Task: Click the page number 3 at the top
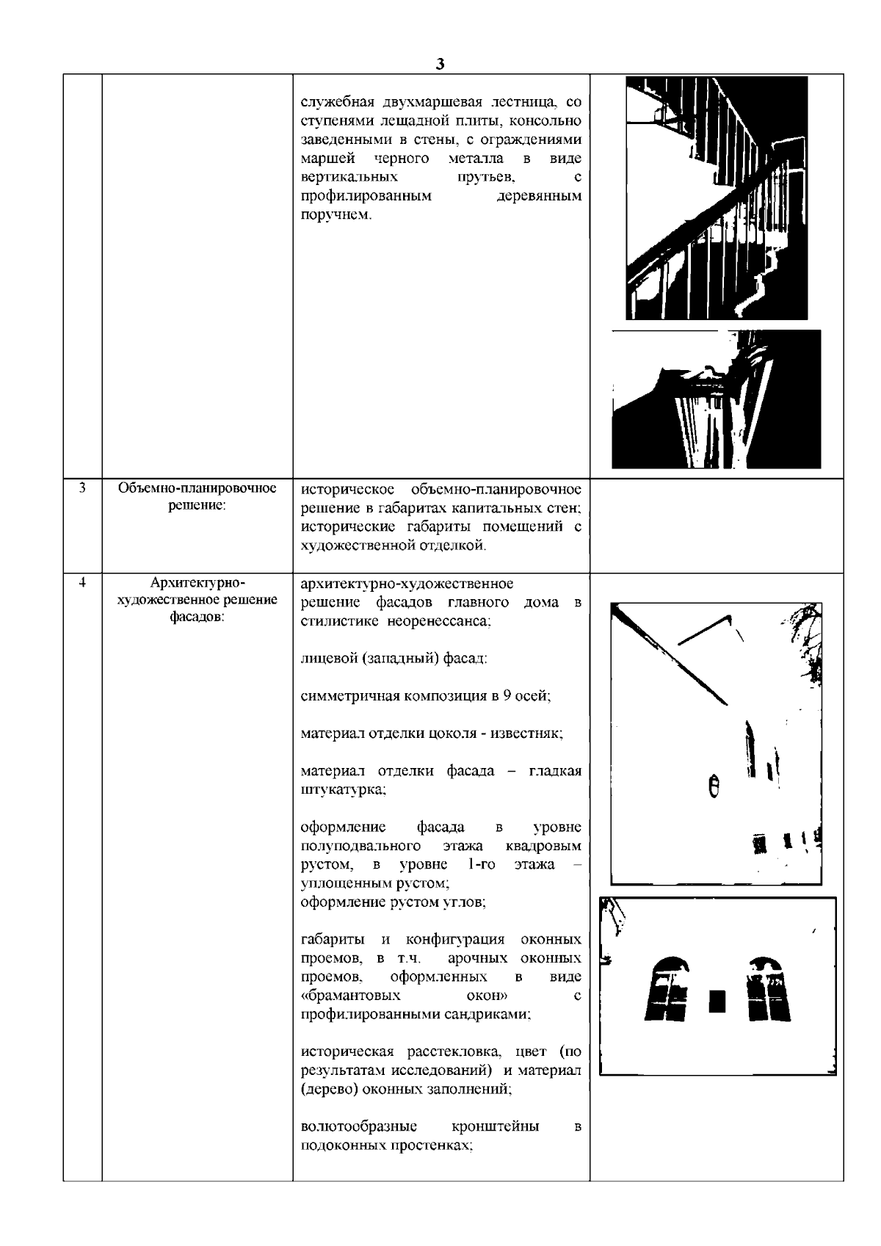point(439,64)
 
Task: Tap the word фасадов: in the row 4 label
point(197,617)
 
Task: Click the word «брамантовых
point(350,996)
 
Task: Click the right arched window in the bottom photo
point(769,988)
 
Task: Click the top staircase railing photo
point(716,198)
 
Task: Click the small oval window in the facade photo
point(712,786)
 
